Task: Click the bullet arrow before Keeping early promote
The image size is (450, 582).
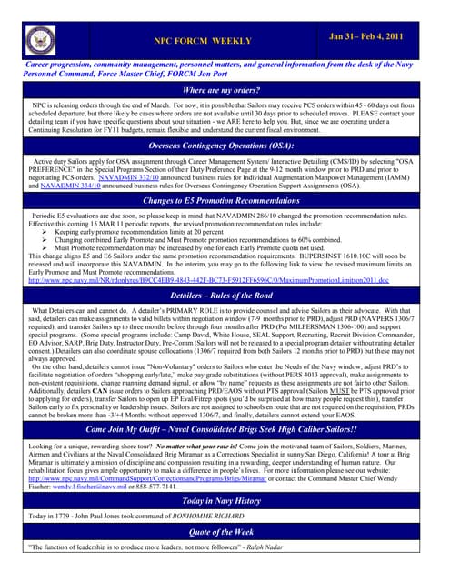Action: pyautogui.click(x=46, y=231)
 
